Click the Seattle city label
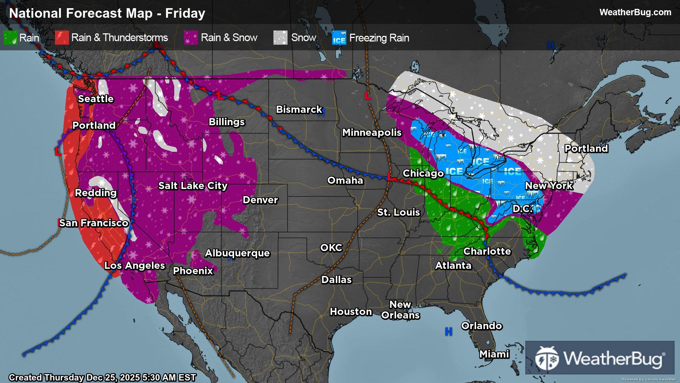tap(96, 99)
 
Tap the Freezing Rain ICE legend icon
tap(339, 38)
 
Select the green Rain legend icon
tap(10, 38)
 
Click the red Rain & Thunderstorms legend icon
tap(62, 38)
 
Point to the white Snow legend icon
tap(280, 38)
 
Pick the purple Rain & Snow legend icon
tap(191, 38)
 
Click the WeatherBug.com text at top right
tap(635, 12)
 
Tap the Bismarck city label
tap(299, 109)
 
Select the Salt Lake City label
tap(193, 185)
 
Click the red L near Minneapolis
tap(368, 96)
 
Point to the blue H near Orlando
tap(448, 332)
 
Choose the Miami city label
tap(494, 354)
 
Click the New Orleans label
tap(400, 310)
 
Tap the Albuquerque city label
tap(237, 253)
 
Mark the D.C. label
tap(522, 209)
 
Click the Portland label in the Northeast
tap(586, 148)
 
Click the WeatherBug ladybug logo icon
tap(547, 358)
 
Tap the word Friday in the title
tap(185, 13)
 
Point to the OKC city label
tap(331, 248)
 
